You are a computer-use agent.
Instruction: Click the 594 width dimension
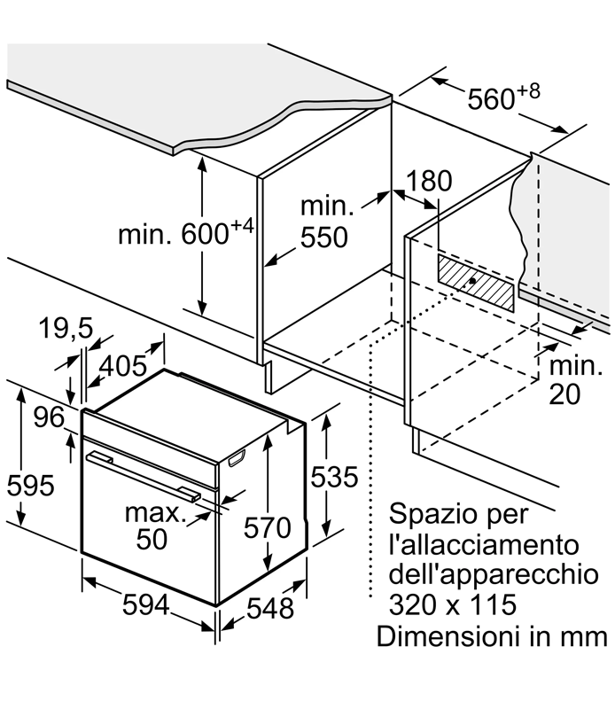(x=145, y=604)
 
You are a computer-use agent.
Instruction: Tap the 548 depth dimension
(x=270, y=608)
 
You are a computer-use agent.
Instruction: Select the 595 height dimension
(x=30, y=486)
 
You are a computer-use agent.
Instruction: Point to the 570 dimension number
(x=268, y=527)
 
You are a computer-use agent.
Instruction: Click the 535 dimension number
(x=334, y=477)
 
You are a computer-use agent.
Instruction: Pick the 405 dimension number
(x=123, y=366)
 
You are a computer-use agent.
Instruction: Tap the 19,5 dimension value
(x=66, y=328)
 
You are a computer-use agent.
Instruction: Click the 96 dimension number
(x=49, y=417)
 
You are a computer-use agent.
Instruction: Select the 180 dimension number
(x=429, y=181)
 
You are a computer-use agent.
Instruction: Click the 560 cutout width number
(x=491, y=99)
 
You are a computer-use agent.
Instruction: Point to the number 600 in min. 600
(x=205, y=234)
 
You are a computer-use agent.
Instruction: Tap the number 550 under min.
(x=324, y=238)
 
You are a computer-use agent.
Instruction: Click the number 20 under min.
(x=564, y=394)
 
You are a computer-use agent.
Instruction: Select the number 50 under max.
(x=152, y=539)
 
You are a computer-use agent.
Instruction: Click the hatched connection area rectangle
(x=475, y=283)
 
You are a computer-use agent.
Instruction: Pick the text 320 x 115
(x=453, y=605)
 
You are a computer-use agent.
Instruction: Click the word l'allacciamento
(x=484, y=544)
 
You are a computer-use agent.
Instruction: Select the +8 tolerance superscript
(x=528, y=91)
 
